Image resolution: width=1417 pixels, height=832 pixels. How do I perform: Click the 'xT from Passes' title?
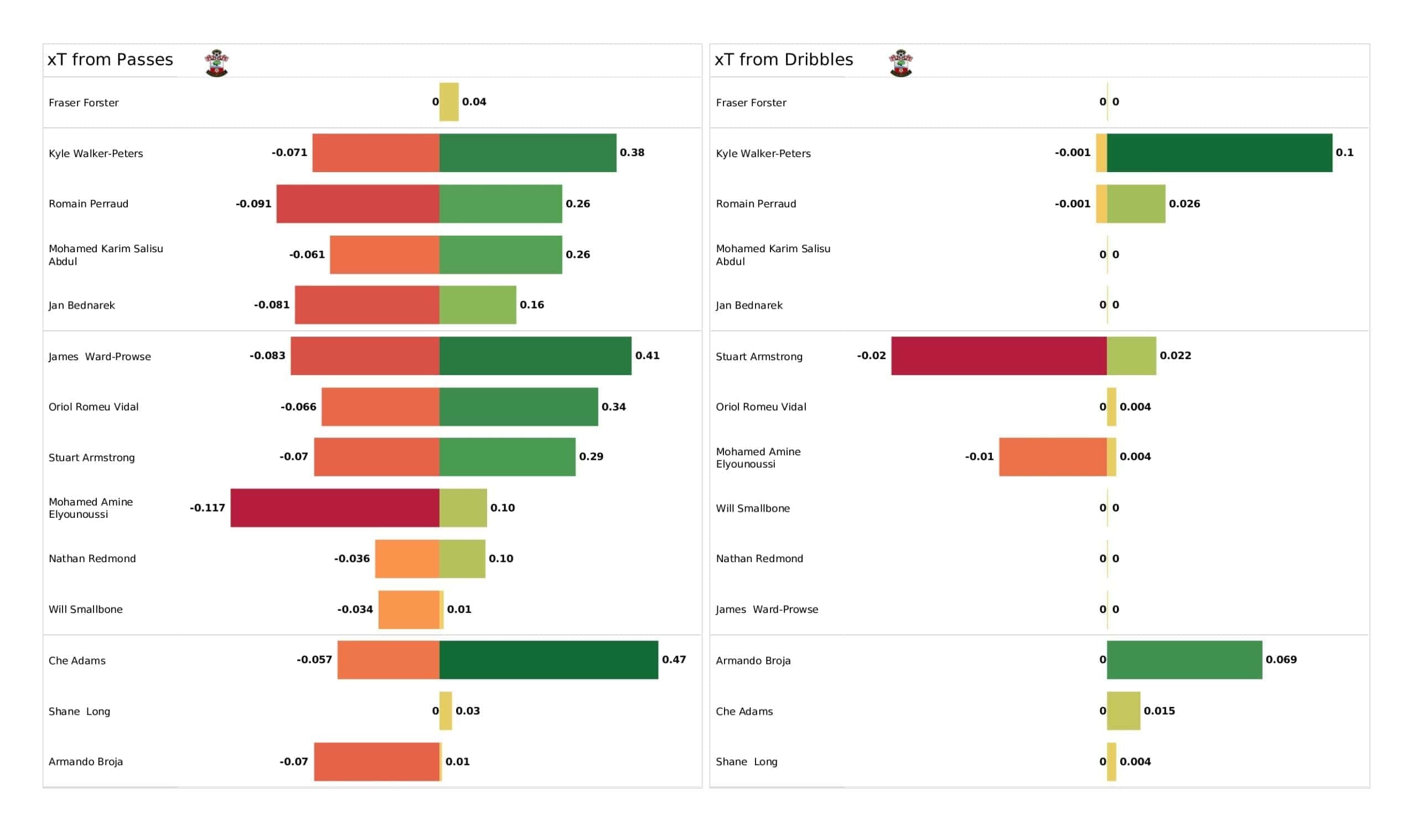[110, 60]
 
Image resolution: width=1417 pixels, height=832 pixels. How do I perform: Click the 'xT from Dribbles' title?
[783, 60]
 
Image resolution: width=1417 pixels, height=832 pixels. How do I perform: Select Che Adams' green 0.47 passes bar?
[548, 659]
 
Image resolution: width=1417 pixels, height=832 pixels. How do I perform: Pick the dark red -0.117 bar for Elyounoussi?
[334, 508]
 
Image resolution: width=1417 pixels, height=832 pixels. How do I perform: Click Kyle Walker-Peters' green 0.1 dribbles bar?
[1219, 152]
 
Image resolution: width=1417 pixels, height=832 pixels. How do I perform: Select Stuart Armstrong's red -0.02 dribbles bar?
[999, 356]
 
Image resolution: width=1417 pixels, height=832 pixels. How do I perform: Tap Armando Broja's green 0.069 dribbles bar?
[1184, 659]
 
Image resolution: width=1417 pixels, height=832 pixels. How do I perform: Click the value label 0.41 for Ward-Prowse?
[647, 356]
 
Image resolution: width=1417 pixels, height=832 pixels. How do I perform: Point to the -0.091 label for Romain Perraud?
[253, 204]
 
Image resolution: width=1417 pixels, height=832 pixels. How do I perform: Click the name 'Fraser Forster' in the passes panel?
[84, 103]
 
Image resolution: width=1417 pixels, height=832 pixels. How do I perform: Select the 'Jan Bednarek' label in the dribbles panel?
[749, 305]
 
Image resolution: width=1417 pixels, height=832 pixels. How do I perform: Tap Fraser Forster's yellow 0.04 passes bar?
[449, 102]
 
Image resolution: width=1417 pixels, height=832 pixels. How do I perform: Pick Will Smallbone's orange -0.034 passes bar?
[409, 610]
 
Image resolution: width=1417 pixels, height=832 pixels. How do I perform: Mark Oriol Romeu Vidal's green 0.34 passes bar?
[519, 407]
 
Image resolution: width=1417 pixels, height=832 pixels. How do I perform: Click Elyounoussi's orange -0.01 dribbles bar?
[1053, 456]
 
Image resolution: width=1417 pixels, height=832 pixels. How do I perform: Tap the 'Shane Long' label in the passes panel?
[79, 711]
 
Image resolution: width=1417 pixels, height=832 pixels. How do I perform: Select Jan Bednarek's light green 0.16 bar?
[477, 305]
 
